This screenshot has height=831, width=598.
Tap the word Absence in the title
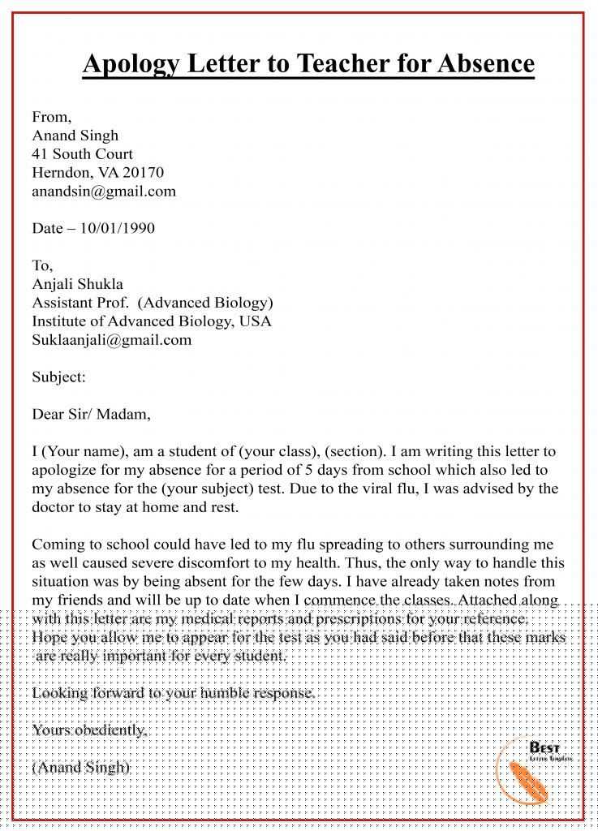[487, 63]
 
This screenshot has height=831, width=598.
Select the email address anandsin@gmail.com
[104, 192]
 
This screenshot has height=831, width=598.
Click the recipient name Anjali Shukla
[78, 284]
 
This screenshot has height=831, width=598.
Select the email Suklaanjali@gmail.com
[112, 340]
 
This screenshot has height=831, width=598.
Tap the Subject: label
[58, 377]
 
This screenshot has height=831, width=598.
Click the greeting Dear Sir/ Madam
[91, 414]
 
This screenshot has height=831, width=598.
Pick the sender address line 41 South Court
[82, 154]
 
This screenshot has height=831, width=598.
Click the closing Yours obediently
[90, 730]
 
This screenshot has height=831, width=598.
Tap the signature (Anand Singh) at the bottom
[81, 767]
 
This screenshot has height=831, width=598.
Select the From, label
[51, 117]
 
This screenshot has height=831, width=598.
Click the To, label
[42, 265]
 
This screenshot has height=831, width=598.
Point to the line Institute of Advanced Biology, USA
[152, 321]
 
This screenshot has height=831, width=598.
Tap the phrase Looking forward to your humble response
[173, 693]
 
